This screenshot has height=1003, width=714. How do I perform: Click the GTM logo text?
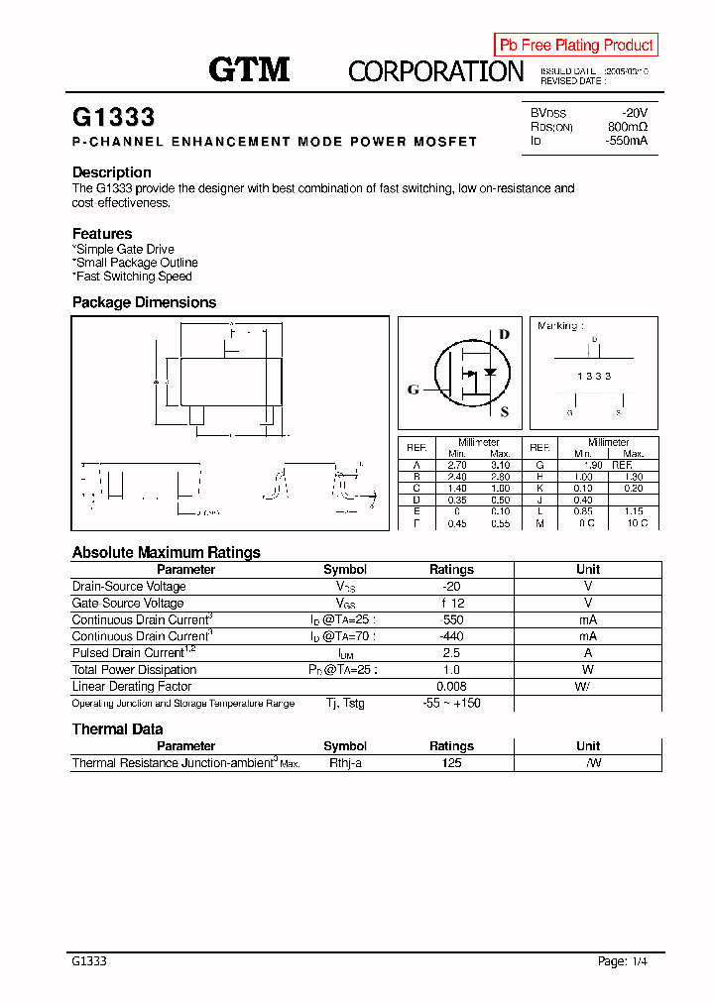point(249,69)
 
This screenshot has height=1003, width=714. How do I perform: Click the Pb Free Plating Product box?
point(576,45)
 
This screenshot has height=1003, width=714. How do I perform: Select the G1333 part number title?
point(114,117)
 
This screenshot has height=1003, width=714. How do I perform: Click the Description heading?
point(112,172)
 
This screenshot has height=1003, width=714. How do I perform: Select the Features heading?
point(102,234)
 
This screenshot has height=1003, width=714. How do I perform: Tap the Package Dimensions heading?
point(144,302)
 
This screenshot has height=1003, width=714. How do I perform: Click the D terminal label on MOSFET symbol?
point(504,334)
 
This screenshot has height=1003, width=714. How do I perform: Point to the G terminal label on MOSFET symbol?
point(414,390)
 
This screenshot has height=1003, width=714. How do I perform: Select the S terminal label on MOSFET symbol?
point(504,412)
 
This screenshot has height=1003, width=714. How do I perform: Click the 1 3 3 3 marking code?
point(594,377)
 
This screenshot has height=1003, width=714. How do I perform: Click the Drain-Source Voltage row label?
point(129,587)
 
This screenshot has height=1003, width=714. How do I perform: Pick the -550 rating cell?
point(451,620)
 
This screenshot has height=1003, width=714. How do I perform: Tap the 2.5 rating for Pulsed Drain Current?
point(451,653)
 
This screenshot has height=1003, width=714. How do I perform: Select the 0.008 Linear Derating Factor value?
point(451,687)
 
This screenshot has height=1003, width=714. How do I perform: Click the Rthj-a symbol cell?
point(345,763)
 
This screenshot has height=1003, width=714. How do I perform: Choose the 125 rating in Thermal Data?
point(451,763)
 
